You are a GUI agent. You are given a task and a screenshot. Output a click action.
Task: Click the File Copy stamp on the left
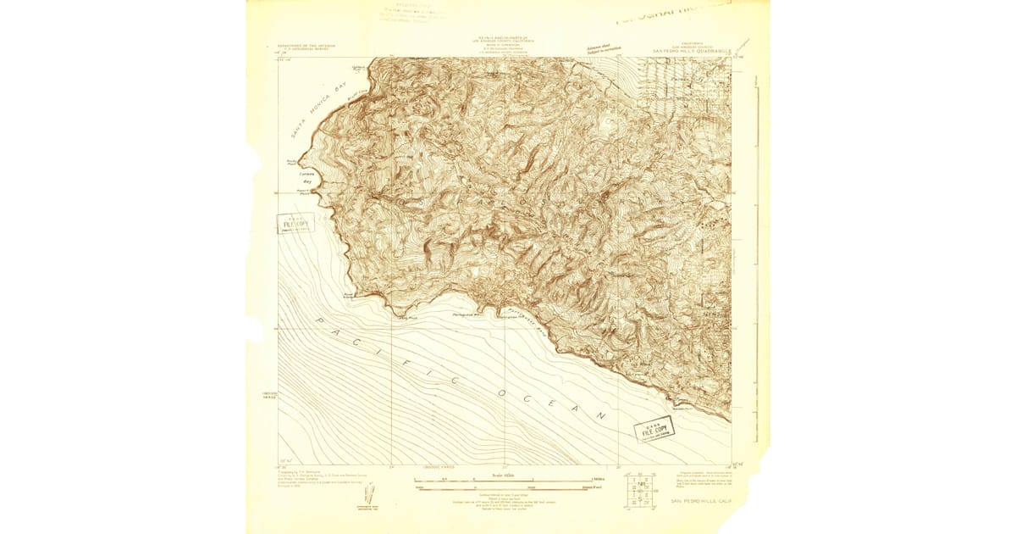(295, 224)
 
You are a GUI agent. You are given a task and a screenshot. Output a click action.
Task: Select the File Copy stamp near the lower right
(654, 430)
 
